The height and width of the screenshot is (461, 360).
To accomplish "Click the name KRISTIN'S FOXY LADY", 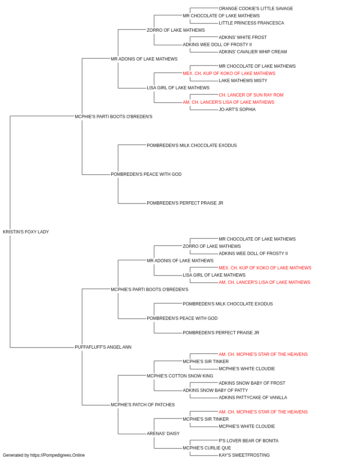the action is [x=26, y=232].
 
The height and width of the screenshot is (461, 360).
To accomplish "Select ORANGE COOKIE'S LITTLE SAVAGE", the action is [x=256, y=9].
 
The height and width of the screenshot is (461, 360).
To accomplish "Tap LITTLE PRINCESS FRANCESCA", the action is [x=251, y=23].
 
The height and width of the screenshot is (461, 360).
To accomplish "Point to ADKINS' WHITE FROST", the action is [x=243, y=37].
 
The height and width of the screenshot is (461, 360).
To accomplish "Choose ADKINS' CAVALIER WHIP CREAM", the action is [x=253, y=52].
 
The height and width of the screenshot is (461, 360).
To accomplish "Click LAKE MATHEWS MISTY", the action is [x=243, y=81].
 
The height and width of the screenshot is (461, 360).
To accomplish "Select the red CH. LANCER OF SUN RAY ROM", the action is [x=251, y=95].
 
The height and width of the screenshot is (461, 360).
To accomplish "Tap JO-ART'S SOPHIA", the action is [x=237, y=109].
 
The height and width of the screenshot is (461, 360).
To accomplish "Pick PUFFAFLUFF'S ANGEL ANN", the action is [x=103, y=347].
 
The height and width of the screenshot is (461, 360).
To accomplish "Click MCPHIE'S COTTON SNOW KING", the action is [x=180, y=376].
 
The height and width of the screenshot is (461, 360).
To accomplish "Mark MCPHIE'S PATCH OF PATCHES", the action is [x=143, y=405].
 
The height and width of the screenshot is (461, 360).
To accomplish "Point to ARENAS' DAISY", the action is [x=163, y=434].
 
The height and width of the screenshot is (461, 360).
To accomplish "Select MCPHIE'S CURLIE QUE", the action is [x=207, y=448].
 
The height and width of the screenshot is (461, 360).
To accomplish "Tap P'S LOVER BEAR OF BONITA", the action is [x=248, y=441].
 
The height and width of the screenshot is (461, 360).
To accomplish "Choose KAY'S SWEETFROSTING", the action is [x=244, y=455].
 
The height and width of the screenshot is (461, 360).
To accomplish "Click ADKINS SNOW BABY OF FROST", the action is [x=252, y=383].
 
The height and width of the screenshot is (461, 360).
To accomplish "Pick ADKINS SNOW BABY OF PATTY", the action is [x=215, y=390].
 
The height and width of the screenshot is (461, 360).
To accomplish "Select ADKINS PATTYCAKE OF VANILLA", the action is [x=253, y=398].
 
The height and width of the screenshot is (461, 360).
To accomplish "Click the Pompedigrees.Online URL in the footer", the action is [x=57, y=455].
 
